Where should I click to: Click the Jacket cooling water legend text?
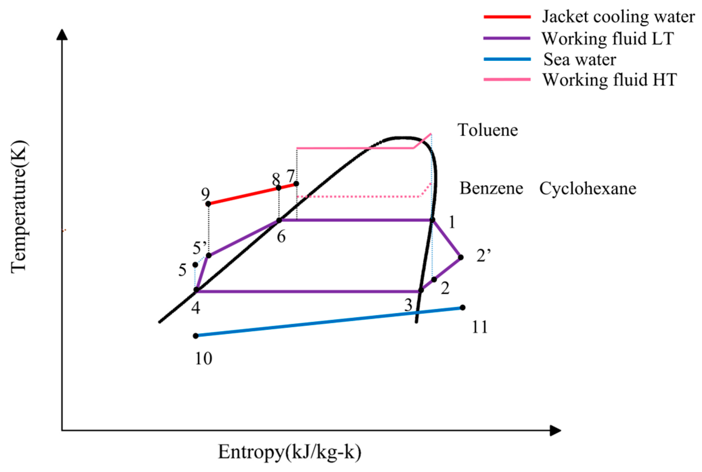tap(618, 17)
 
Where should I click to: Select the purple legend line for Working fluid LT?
tap(507, 38)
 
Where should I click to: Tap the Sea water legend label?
tap(580, 59)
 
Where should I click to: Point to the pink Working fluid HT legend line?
tap(507, 79)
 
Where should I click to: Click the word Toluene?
tap(487, 130)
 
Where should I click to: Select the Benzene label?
tap(491, 188)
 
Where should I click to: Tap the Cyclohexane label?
tap(587, 189)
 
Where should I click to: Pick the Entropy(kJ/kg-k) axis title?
tap(289, 452)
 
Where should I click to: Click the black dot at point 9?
tap(208, 204)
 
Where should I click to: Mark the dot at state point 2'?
tap(461, 257)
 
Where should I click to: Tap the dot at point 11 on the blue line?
tap(463, 307)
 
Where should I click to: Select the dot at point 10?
tap(195, 336)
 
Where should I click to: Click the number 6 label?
tap(281, 237)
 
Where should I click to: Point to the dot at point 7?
tap(296, 184)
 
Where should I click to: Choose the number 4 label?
tap(195, 308)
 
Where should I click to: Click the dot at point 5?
tap(195, 265)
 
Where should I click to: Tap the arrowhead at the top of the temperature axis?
tap(62, 34)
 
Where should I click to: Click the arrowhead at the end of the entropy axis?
tap(555, 430)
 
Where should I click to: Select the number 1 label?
tap(452, 222)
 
